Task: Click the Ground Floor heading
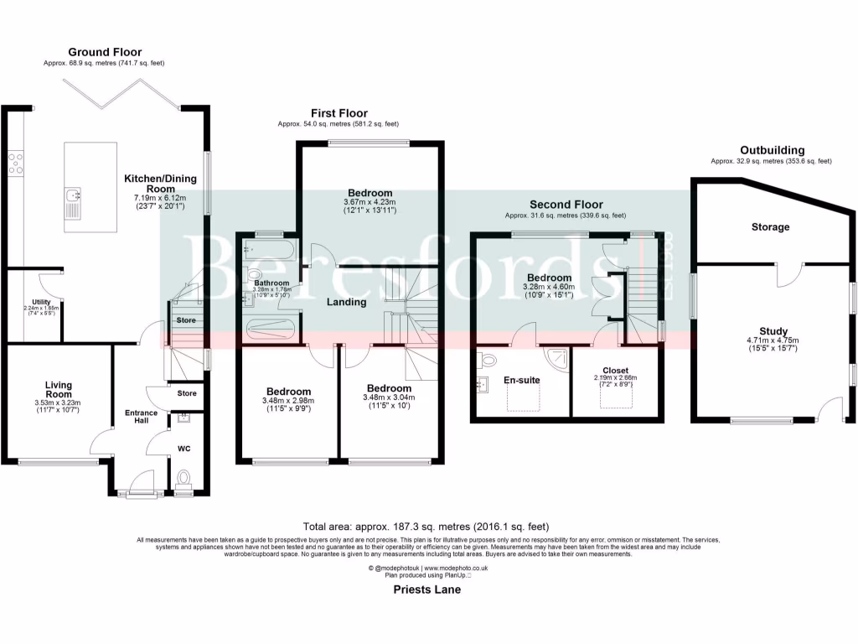[x=104, y=51]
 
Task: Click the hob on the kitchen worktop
[x=15, y=162]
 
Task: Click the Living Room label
[x=58, y=390]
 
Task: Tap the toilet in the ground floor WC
[x=183, y=478]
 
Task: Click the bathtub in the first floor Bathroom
[x=266, y=248]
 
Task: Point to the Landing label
[x=346, y=302]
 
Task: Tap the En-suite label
[x=521, y=380]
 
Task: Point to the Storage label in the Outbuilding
[x=769, y=227]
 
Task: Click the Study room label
[x=769, y=330]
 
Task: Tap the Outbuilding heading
[x=771, y=151]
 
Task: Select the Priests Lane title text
[x=426, y=589]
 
